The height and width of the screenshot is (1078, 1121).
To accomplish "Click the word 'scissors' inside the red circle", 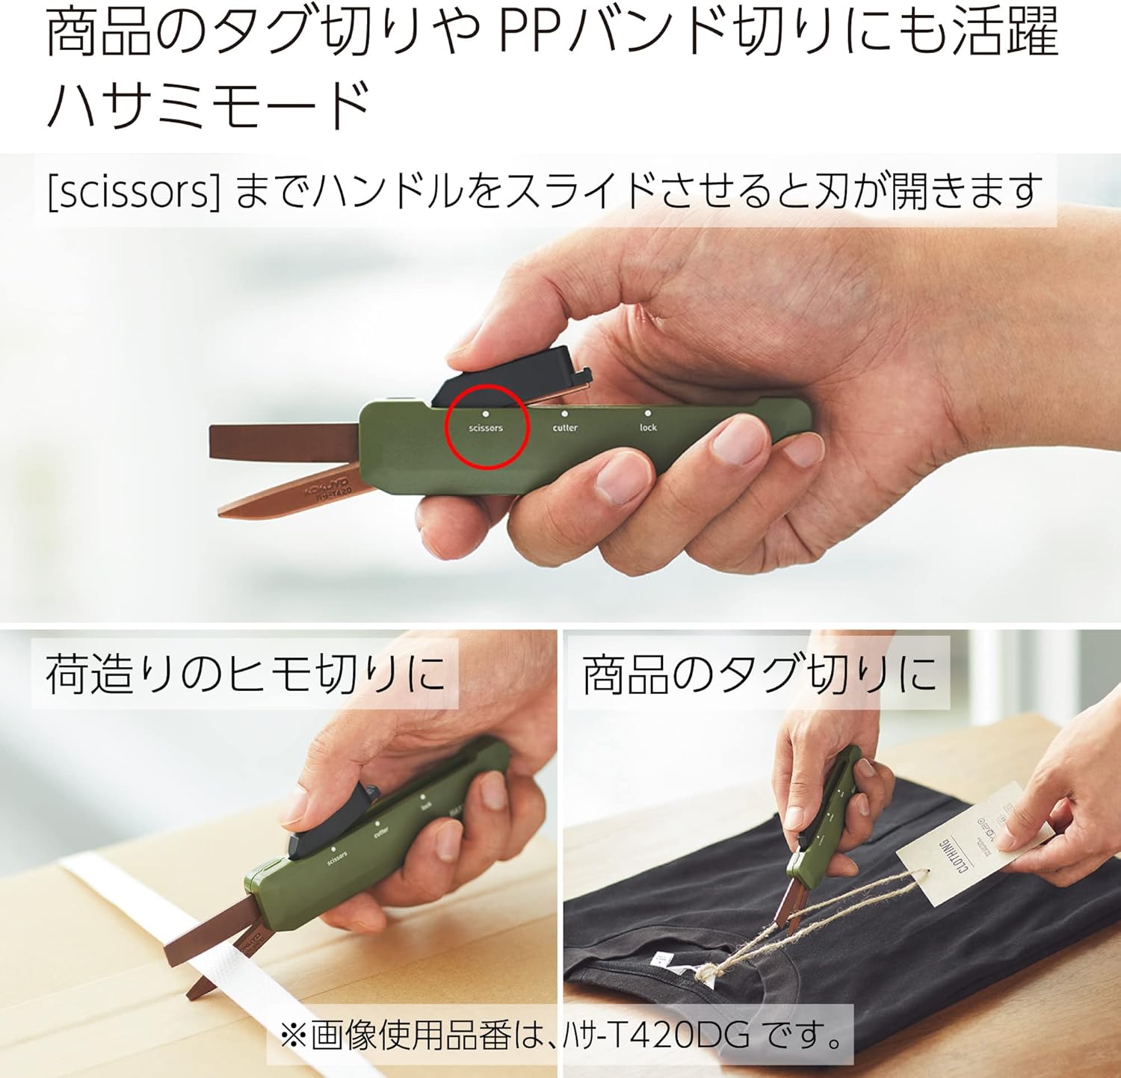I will click(486, 428).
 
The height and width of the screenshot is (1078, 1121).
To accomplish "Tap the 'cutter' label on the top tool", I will click(565, 428).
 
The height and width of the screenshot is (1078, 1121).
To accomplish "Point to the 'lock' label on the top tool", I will click(648, 427).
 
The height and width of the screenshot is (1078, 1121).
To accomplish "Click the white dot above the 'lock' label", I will click(647, 412).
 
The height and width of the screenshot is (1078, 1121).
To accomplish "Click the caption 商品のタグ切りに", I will click(759, 674).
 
